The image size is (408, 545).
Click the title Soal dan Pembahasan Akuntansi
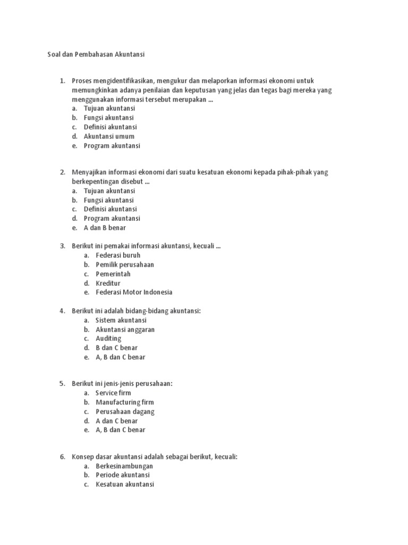pyautogui.click(x=96, y=54)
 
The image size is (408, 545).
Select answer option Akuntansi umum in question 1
pyautogui.click(x=109, y=136)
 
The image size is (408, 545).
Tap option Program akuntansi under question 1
pyautogui.click(x=112, y=145)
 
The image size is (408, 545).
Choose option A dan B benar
pyautogui.click(x=105, y=228)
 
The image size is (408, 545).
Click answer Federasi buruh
pyautogui.click(x=118, y=255)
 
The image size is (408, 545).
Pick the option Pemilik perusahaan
pyautogui.click(x=125, y=265)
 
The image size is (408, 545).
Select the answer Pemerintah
pyautogui.click(x=113, y=274)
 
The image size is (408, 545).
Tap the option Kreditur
pyautogui.click(x=108, y=283)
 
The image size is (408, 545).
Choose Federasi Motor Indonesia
pyautogui.click(x=134, y=292)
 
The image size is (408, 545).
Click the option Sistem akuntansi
pyautogui.click(x=121, y=320)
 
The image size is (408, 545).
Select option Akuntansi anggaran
pyautogui.click(x=125, y=329)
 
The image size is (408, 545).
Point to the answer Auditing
pyautogui.click(x=108, y=338)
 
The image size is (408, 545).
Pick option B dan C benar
pyautogui.click(x=116, y=348)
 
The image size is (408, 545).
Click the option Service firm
pyautogui.click(x=113, y=393)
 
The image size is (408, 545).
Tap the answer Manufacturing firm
pyautogui.click(x=124, y=402)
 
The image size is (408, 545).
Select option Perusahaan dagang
pyautogui.click(x=125, y=411)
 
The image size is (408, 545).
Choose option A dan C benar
pyautogui.click(x=116, y=421)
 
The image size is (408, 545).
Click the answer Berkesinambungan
pyautogui.click(x=124, y=466)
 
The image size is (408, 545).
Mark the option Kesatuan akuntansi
pyautogui.click(x=125, y=484)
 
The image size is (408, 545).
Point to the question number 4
pyautogui.click(x=62, y=311)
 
